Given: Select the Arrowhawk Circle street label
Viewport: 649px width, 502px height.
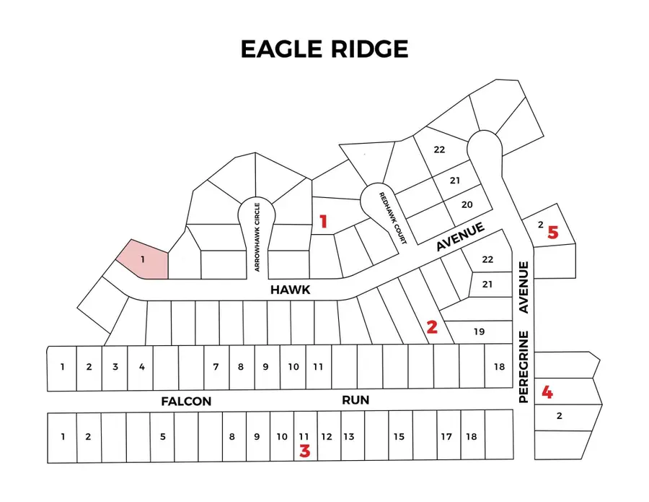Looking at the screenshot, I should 257,237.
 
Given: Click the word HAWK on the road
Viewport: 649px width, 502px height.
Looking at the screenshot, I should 290,290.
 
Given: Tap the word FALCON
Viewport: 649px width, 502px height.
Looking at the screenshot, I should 186,401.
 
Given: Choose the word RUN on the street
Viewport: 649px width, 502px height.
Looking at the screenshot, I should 355,399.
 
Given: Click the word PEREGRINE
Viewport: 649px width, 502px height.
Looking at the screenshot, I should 524,367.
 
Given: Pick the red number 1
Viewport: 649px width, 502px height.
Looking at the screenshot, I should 323,222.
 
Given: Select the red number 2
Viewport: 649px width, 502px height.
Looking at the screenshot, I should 432,326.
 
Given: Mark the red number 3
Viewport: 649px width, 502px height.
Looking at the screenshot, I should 305,451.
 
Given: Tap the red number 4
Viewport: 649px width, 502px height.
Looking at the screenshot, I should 548,393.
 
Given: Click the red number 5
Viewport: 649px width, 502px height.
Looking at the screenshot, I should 553,232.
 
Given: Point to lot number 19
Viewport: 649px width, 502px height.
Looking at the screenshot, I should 480,332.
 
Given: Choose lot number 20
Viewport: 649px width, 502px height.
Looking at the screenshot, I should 467,205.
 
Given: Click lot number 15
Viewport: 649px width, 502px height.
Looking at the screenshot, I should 399,436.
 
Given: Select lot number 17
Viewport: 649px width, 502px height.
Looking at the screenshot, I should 446,436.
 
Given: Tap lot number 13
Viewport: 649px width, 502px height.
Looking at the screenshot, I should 348,436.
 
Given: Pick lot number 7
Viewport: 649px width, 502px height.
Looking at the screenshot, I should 216,367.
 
